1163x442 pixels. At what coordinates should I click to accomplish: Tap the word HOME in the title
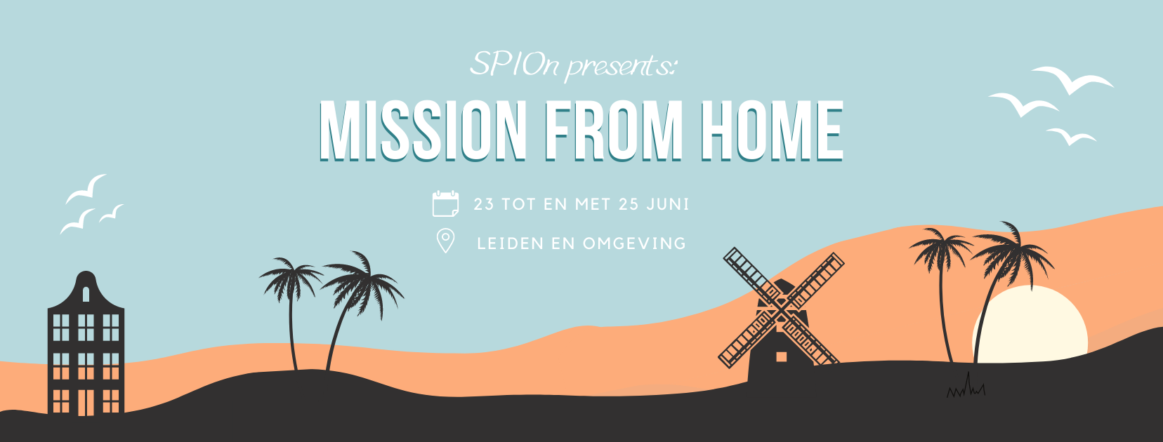pos(772,130)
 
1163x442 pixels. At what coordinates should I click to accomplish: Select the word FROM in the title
pos(613,130)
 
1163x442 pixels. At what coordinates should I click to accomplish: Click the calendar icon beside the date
pos(445,203)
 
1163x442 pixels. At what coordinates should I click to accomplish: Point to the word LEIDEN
pos(510,243)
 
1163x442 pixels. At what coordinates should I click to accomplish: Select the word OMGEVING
pos(634,243)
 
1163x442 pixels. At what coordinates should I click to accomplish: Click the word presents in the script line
pos(619,67)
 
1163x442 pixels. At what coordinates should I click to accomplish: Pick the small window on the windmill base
pos(781,356)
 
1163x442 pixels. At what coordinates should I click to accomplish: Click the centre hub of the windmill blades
pos(782,307)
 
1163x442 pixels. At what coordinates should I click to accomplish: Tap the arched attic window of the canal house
pos(86,294)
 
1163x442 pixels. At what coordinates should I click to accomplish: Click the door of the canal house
pos(86,403)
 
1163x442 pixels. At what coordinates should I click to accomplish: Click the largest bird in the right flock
pos(1072,79)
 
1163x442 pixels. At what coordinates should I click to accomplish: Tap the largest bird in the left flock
pos(87,189)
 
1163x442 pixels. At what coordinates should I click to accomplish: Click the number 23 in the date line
pos(483,204)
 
